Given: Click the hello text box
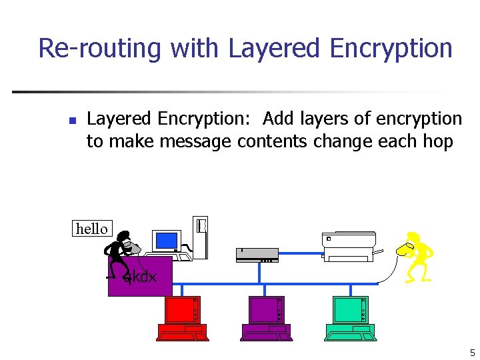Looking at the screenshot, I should (92, 229).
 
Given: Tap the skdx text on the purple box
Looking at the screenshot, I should (140, 276).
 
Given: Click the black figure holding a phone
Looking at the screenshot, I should (120, 255).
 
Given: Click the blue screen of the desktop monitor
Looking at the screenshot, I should (166, 240).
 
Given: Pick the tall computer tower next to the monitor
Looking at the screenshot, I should (200, 236).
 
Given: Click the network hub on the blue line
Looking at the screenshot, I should (257, 254).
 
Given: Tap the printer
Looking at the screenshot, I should (349, 246).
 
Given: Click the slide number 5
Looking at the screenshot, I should (472, 353).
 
